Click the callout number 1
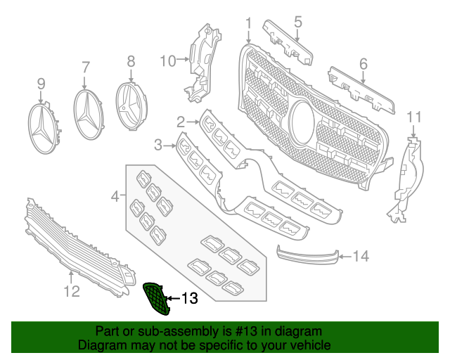(248, 26)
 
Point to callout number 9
(41, 84)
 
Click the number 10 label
(167, 61)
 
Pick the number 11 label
(415, 116)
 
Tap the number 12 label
(72, 290)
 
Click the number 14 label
(360, 257)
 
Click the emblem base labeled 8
(131, 106)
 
